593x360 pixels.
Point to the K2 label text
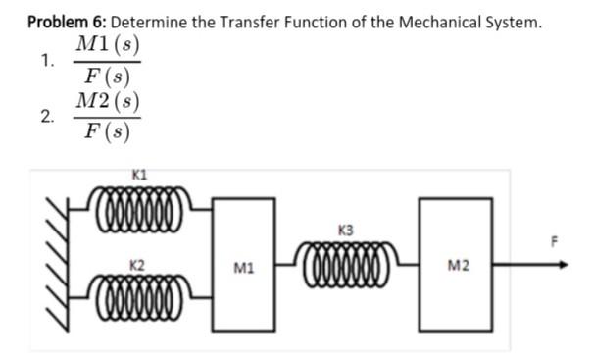[x=137, y=266]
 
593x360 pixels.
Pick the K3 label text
[x=344, y=231]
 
